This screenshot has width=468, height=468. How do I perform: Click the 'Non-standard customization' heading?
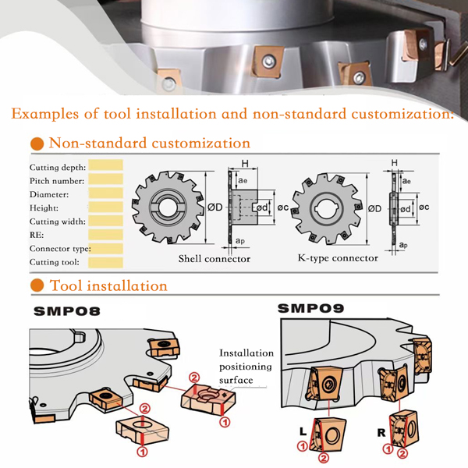pos(149,143)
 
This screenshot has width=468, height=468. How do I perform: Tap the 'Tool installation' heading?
pos(108,285)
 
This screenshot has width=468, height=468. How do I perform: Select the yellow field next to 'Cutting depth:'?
pos(106,166)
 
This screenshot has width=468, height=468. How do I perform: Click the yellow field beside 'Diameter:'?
pos(106,193)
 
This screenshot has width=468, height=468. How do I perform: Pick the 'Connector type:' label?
pos(60,248)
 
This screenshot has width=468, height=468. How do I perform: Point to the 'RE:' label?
pos(37,234)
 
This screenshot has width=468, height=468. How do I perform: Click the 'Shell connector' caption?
pos(214,259)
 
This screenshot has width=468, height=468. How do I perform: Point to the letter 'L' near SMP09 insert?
pos(303,430)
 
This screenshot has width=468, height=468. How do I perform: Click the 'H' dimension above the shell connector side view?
pos(244,164)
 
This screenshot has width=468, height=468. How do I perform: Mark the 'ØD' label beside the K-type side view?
pos(374,208)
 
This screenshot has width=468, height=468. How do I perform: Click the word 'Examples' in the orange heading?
pos(46,114)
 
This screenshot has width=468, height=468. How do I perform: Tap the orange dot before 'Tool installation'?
pos(36,286)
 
